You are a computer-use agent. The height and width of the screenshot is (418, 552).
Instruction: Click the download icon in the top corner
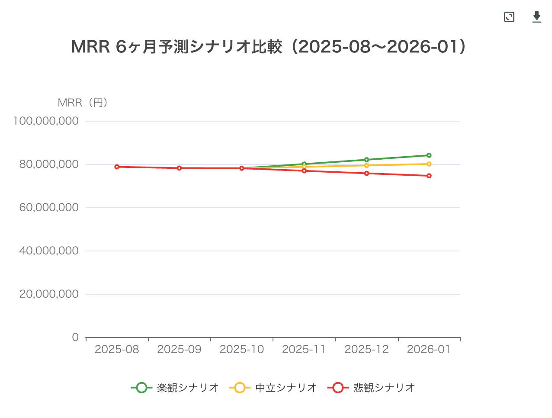pyautogui.click(x=536, y=17)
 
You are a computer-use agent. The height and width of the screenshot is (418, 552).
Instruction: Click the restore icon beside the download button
pyautogui.click(x=509, y=17)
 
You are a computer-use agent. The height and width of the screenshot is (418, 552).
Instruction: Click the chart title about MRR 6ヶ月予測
pyautogui.click(x=268, y=47)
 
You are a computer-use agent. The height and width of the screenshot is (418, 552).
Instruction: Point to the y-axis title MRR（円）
pyautogui.click(x=83, y=103)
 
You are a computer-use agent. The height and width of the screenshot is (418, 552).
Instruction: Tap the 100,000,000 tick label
pyautogui.click(x=46, y=121)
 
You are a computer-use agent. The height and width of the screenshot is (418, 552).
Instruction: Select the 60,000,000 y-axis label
pyautogui.click(x=49, y=207)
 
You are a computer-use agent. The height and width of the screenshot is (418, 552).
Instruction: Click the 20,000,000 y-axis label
pyautogui.click(x=49, y=294)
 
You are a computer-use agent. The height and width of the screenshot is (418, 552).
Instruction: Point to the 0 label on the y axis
pyautogui.click(x=75, y=337)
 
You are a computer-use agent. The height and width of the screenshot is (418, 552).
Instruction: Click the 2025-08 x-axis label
pyautogui.click(x=117, y=349)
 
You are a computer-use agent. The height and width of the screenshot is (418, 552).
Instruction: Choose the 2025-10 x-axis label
pyautogui.click(x=242, y=349)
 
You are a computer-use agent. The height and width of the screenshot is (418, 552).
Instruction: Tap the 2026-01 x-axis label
pyautogui.click(x=429, y=349)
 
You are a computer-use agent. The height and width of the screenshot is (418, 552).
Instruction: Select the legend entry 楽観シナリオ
pyautogui.click(x=175, y=388)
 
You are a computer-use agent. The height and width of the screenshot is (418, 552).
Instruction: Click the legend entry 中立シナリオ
pyautogui.click(x=273, y=388)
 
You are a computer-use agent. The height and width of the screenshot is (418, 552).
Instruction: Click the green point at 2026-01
pyautogui.click(x=429, y=155)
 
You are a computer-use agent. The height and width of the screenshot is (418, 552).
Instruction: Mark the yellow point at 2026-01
pyautogui.click(x=429, y=164)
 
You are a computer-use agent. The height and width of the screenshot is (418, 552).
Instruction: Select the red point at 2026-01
pyautogui.click(x=429, y=176)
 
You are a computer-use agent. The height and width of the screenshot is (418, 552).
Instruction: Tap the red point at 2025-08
pyautogui.click(x=117, y=167)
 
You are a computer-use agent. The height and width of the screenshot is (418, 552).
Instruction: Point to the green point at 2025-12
pyautogui.click(x=366, y=160)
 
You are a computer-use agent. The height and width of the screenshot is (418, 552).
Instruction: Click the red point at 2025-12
pyautogui.click(x=366, y=173)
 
